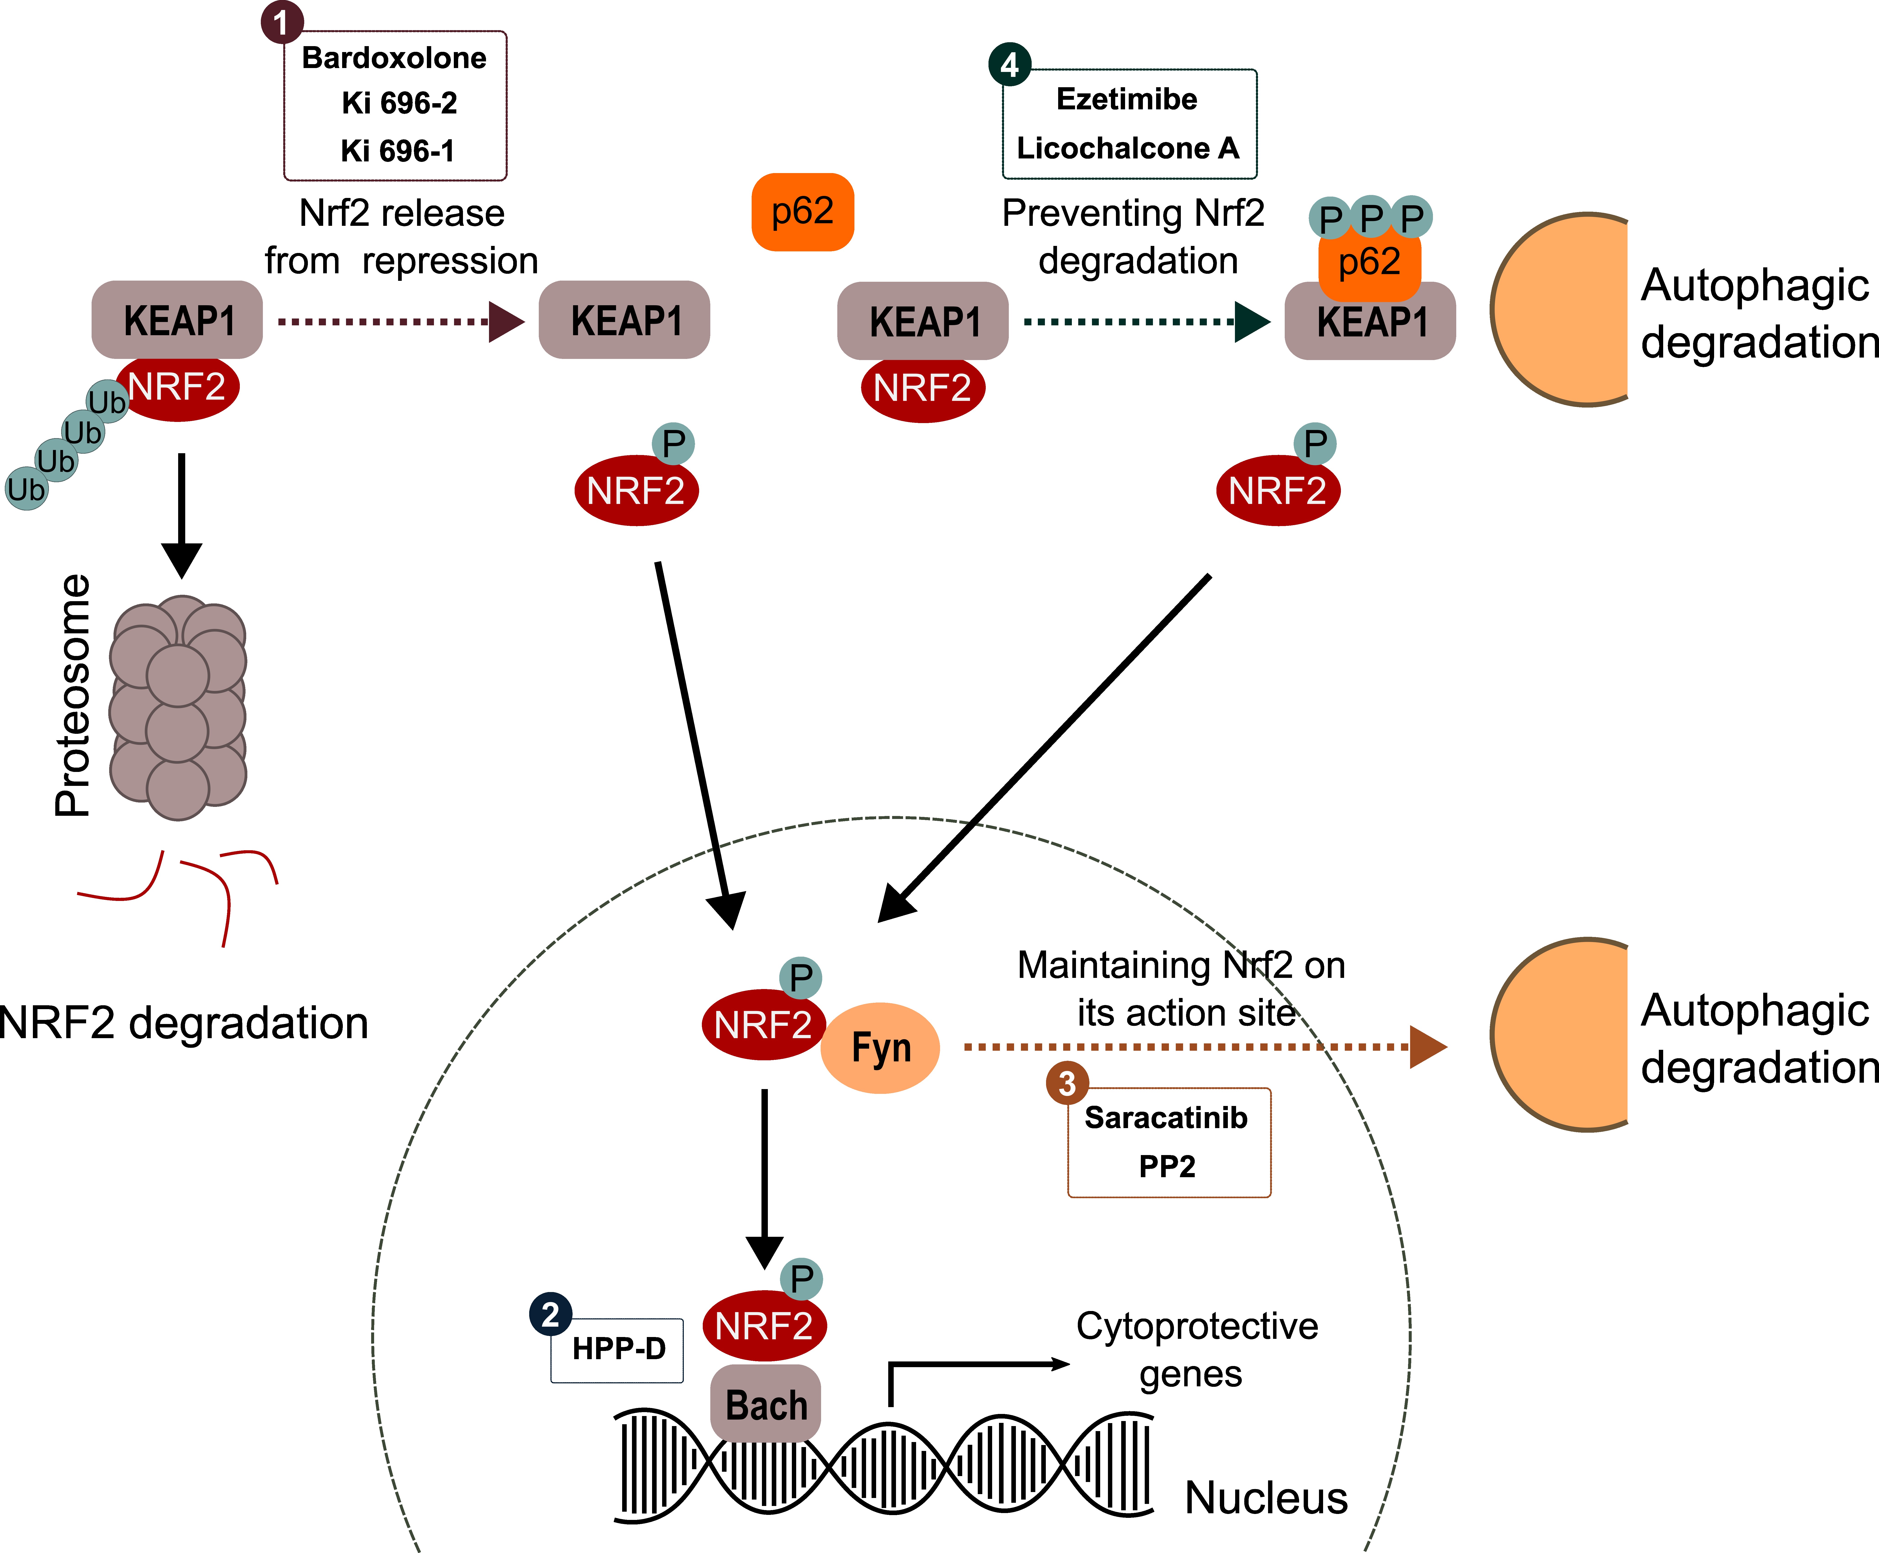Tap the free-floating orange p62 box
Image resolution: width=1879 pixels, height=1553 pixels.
click(x=803, y=212)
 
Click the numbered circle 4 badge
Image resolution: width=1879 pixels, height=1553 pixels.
click(x=1009, y=64)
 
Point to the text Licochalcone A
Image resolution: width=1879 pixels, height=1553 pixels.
click(x=1127, y=148)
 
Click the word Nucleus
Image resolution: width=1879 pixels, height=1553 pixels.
click(x=1265, y=1498)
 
